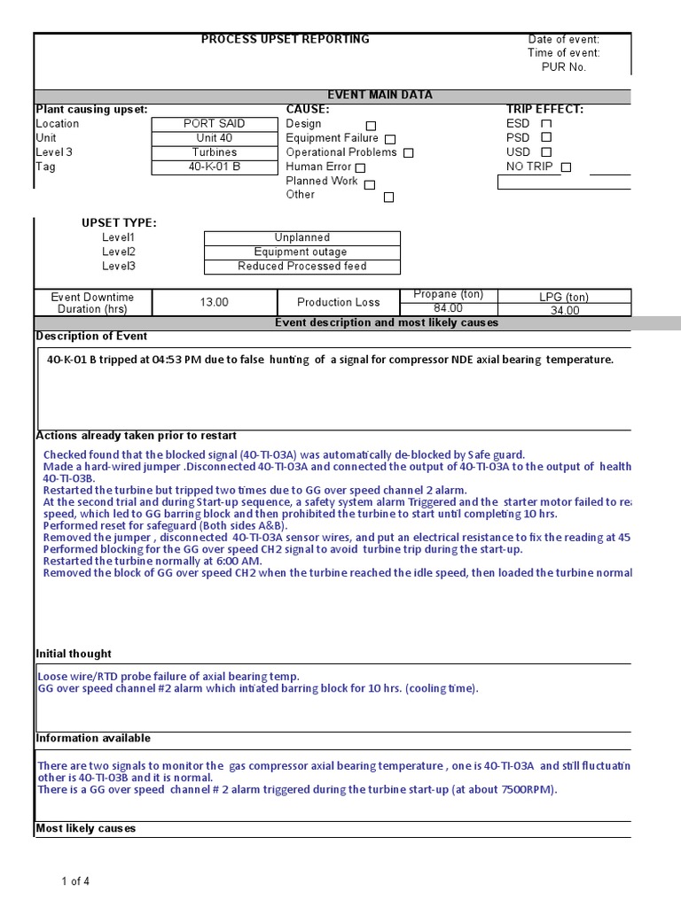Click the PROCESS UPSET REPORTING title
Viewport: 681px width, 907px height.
(x=285, y=39)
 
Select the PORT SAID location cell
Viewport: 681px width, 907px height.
(x=214, y=124)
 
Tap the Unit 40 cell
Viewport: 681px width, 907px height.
(x=214, y=138)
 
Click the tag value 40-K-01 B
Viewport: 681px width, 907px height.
(x=214, y=167)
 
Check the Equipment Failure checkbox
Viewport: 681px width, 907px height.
(x=390, y=139)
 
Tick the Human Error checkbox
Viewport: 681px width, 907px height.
(x=360, y=167)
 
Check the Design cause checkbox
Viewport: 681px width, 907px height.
(x=371, y=126)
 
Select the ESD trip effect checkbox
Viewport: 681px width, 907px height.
(x=546, y=124)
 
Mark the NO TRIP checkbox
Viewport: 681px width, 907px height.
(x=566, y=167)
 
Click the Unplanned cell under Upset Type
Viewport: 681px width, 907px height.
(x=301, y=237)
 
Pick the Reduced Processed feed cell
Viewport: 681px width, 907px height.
(x=301, y=266)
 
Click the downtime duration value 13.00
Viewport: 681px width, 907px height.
(x=214, y=302)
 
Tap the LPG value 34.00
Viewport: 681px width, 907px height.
(x=565, y=310)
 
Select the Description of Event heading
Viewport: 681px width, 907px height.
(x=91, y=337)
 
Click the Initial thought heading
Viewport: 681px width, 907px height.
(x=74, y=654)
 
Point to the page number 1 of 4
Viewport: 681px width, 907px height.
(x=75, y=881)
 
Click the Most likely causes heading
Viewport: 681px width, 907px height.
(x=86, y=828)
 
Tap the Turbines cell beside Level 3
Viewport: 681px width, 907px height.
(x=214, y=152)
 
